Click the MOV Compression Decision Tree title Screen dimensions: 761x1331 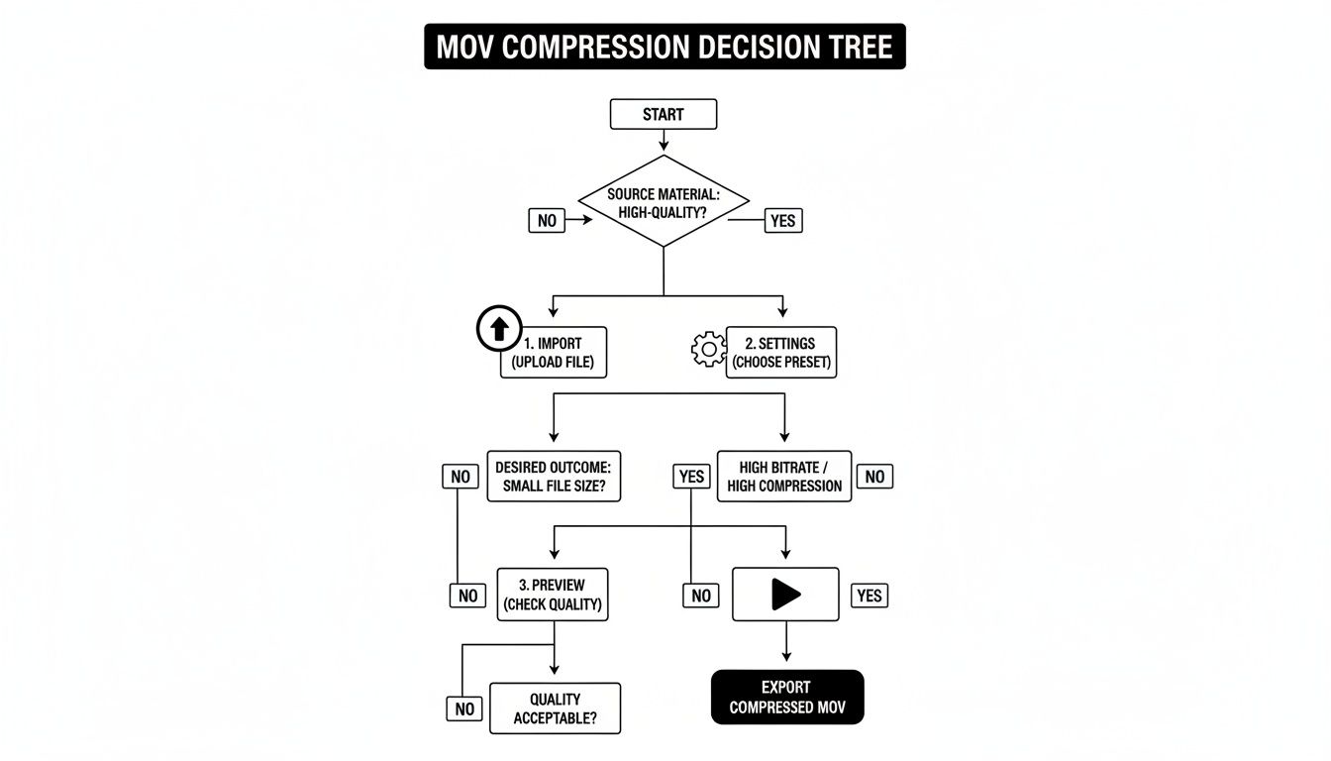[x=665, y=47]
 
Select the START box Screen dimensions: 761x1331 [x=663, y=114]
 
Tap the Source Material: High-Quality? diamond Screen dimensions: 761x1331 [x=663, y=201]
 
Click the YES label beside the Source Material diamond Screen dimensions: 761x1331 [x=782, y=221]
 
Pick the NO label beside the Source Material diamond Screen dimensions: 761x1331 [x=547, y=221]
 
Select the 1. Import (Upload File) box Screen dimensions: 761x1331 [x=553, y=353]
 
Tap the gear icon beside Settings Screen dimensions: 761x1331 [x=708, y=349]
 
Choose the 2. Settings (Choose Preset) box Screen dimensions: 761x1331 [x=781, y=353]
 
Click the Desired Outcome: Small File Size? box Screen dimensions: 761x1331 [x=554, y=476]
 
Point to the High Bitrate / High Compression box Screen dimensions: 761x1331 [x=784, y=476]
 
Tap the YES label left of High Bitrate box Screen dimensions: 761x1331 [x=691, y=477]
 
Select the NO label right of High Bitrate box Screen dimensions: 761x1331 [x=874, y=477]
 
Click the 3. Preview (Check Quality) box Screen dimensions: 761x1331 [x=554, y=595]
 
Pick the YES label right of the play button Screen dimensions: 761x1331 [x=869, y=596]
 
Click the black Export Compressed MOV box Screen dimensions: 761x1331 [x=786, y=698]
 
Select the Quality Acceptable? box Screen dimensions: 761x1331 [x=555, y=708]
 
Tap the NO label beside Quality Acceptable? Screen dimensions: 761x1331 [x=464, y=708]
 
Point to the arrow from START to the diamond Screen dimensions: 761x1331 [x=663, y=141]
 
